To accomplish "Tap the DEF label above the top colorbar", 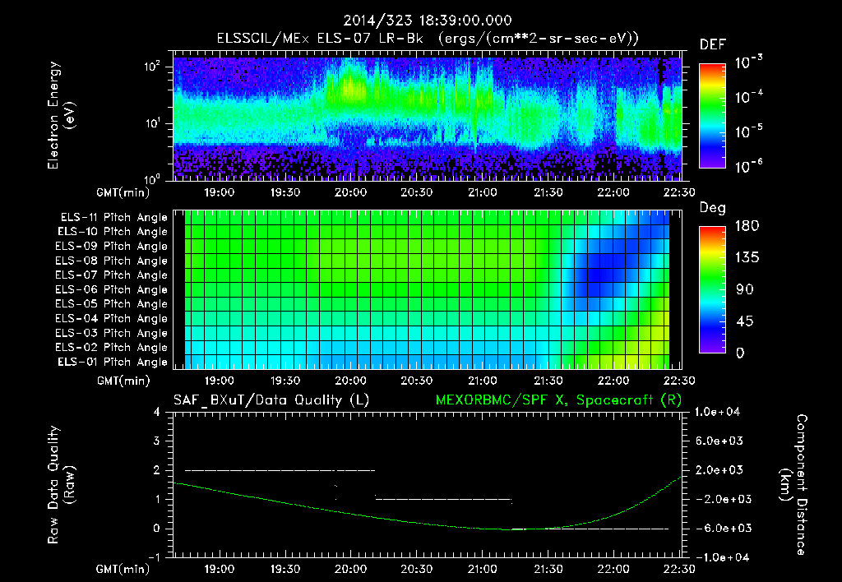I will pyautogui.click(x=712, y=44).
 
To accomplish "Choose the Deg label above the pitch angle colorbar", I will pyautogui.click(x=712, y=209).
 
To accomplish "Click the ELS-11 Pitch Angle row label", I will pyautogui.click(x=113, y=218).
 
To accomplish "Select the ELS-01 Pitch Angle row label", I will pyautogui.click(x=113, y=363).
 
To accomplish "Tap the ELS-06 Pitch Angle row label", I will pyautogui.click(x=113, y=290).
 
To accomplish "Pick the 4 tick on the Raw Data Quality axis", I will pyautogui.click(x=157, y=412).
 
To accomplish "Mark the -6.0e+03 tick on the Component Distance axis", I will pyautogui.click(x=721, y=529).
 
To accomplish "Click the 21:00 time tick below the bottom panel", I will pyautogui.click(x=482, y=569).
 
